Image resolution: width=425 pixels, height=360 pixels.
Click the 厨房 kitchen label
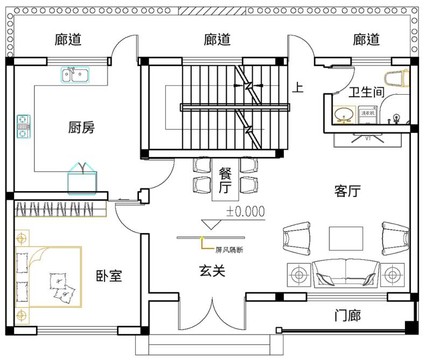coord(81,128)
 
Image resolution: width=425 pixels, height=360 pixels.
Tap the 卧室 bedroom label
coord(109,276)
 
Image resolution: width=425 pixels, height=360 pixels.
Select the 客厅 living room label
coord(347,191)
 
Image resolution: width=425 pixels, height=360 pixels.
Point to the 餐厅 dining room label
coord(225,180)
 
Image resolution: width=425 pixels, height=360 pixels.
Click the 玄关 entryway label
coord(212,271)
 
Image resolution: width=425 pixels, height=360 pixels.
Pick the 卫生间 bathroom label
coord(367,92)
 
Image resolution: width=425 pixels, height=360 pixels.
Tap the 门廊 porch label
coord(347,315)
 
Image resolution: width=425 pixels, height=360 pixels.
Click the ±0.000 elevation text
coord(246,211)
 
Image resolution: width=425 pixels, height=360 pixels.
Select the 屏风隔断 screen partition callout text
coord(229,250)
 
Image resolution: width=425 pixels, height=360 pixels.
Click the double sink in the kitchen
coord(75,75)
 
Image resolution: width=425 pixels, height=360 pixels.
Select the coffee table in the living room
coord(346,238)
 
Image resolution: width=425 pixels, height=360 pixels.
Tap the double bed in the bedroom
coord(48,277)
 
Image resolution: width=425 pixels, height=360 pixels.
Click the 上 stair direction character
coord(297,87)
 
